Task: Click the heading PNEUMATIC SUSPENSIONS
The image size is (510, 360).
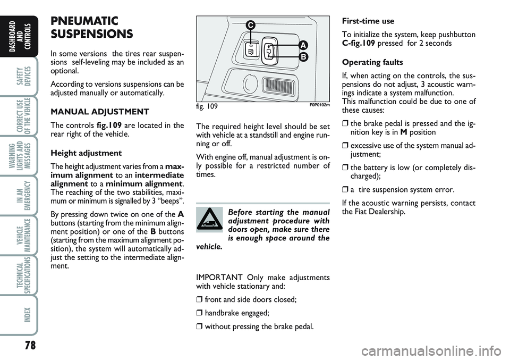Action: pos(91,27)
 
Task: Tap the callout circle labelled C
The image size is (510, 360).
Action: pos(249,24)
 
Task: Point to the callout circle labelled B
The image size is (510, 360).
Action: pos(303,56)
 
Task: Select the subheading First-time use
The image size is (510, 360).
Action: pos(368,22)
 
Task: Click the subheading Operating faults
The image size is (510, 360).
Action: pos(373,62)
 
